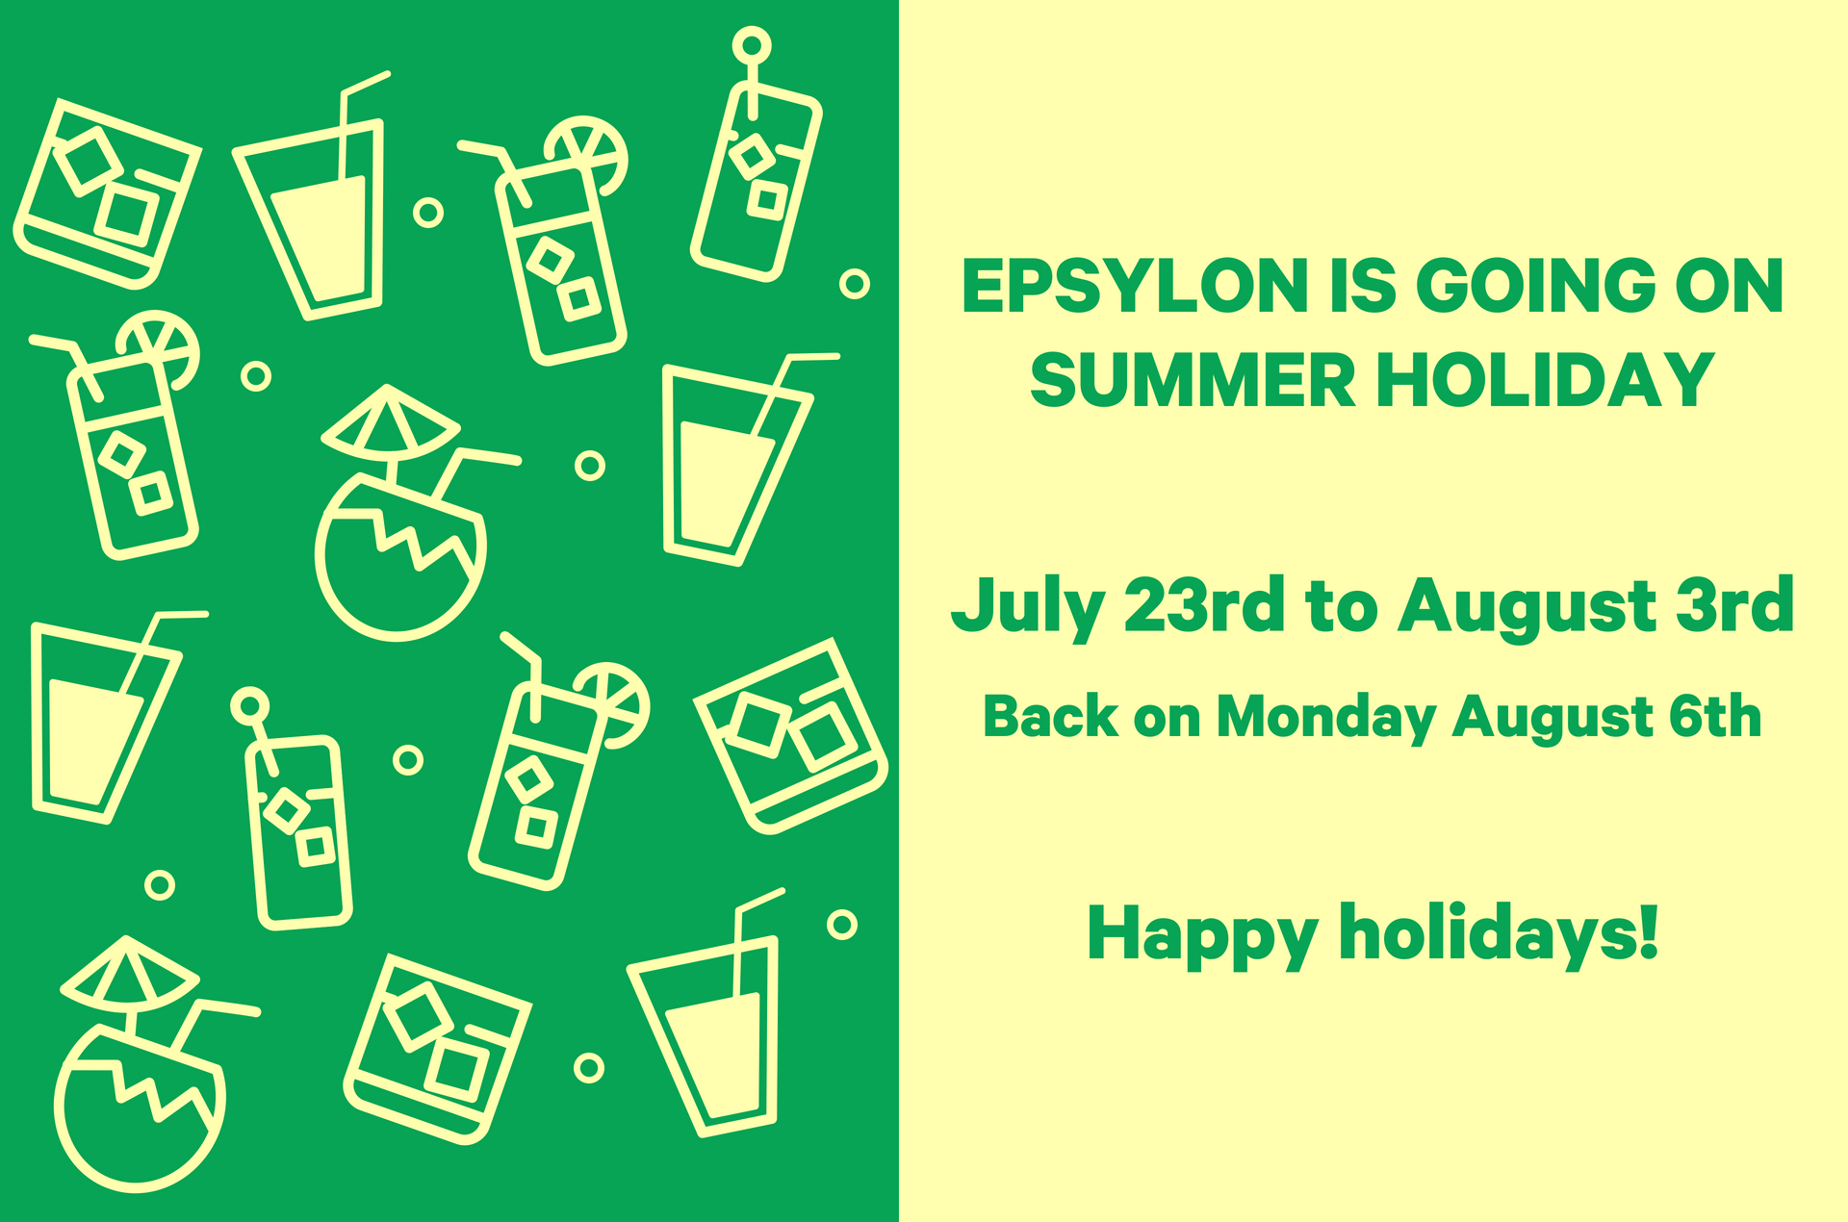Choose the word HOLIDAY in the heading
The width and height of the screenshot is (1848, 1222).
coord(1546,380)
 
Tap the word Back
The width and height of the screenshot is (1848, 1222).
coord(1050,717)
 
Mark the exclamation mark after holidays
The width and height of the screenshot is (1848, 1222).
coord(1646,932)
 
